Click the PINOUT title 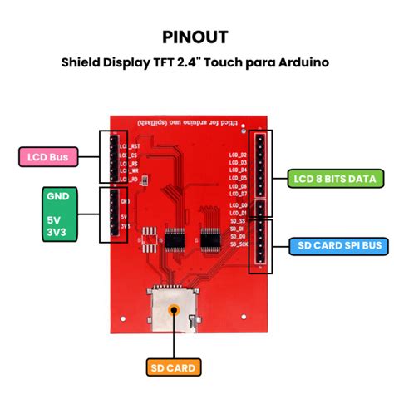(x=196, y=37)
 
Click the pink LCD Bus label (x=46, y=156)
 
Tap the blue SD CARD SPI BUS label (x=339, y=245)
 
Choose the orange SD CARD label (x=174, y=366)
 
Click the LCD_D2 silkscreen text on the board (x=238, y=155)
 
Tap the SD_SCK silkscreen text (x=238, y=245)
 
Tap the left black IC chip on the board (x=175, y=239)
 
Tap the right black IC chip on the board (x=210, y=239)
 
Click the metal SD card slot (x=174, y=308)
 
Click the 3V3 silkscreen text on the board (x=126, y=226)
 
